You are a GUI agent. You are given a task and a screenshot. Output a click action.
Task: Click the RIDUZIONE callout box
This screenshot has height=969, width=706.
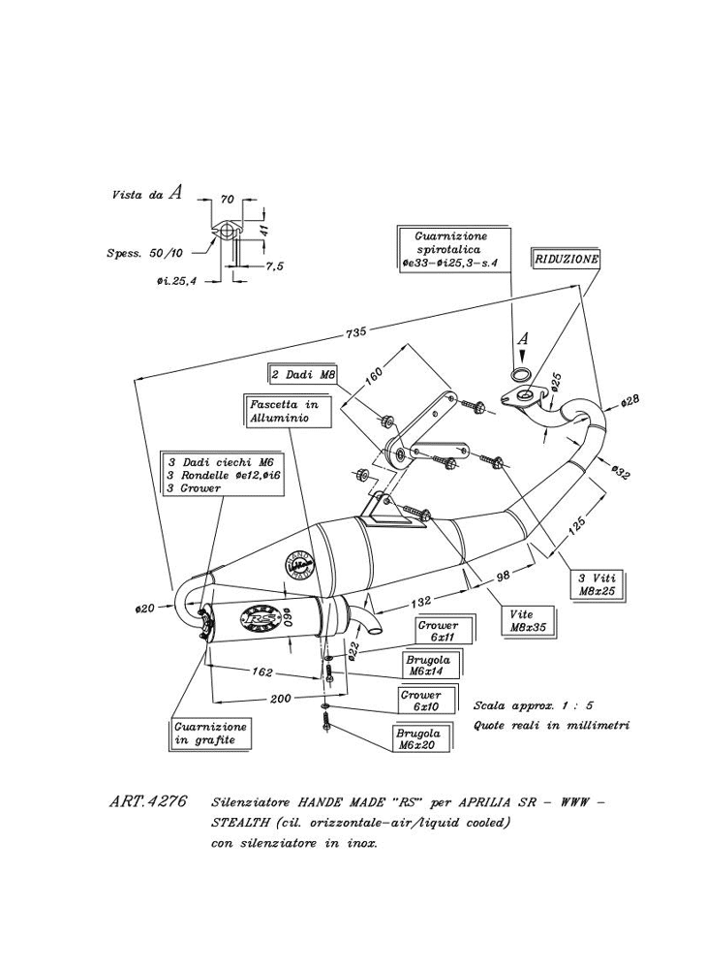pos(567,260)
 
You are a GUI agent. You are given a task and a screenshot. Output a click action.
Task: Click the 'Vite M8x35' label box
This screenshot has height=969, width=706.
pos(528,620)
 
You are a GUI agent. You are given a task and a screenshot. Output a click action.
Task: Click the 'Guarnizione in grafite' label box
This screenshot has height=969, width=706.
pos(211,734)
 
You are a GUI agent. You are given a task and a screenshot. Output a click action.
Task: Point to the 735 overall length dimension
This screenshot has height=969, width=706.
pos(355,332)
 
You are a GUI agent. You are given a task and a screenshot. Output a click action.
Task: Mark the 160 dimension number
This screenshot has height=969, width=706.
pos(375,373)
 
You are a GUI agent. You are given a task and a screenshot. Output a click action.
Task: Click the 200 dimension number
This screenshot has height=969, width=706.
pos(281,699)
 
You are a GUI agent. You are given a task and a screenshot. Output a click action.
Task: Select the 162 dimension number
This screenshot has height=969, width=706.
pos(261,671)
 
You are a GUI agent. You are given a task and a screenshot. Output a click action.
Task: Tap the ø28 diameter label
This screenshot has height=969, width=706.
pos(629,400)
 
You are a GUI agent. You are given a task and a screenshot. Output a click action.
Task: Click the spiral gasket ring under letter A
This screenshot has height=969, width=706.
pos(521,374)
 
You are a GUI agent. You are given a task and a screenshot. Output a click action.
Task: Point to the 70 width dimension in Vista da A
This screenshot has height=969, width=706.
pos(229,199)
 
